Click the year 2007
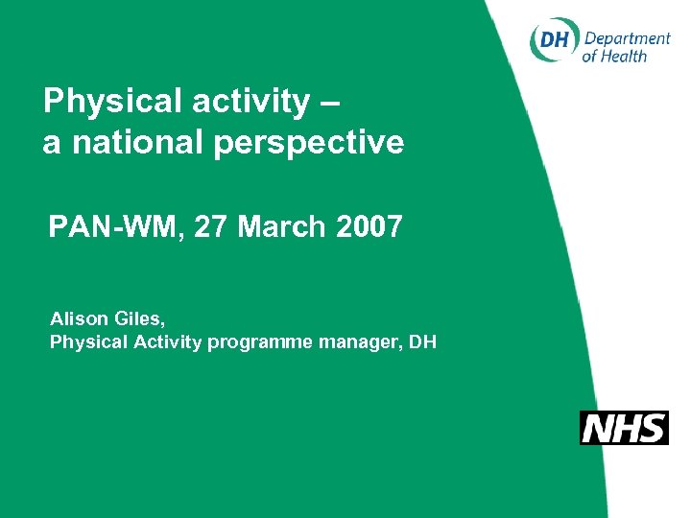coord(369,227)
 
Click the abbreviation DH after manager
coord(422,341)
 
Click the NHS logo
coord(624,428)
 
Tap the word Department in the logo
coord(627,38)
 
